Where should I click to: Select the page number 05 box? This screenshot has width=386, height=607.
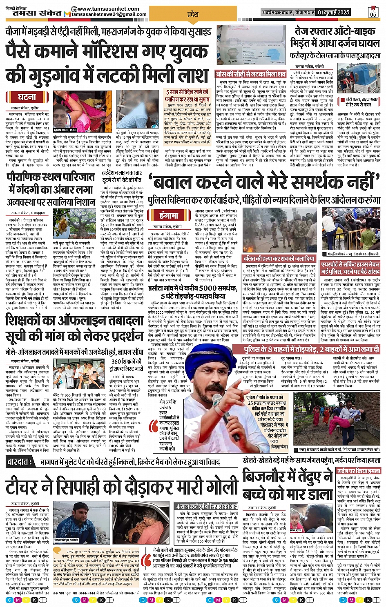tap(373, 11)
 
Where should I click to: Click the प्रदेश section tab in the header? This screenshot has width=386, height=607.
tap(192, 14)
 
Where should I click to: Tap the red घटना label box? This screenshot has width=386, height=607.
tap(28, 97)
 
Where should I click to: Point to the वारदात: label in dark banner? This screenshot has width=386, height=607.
tap(20, 462)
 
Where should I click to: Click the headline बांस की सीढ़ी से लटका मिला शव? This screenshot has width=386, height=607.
tap(251, 75)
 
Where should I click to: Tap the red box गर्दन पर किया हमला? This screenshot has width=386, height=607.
tap(358, 471)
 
